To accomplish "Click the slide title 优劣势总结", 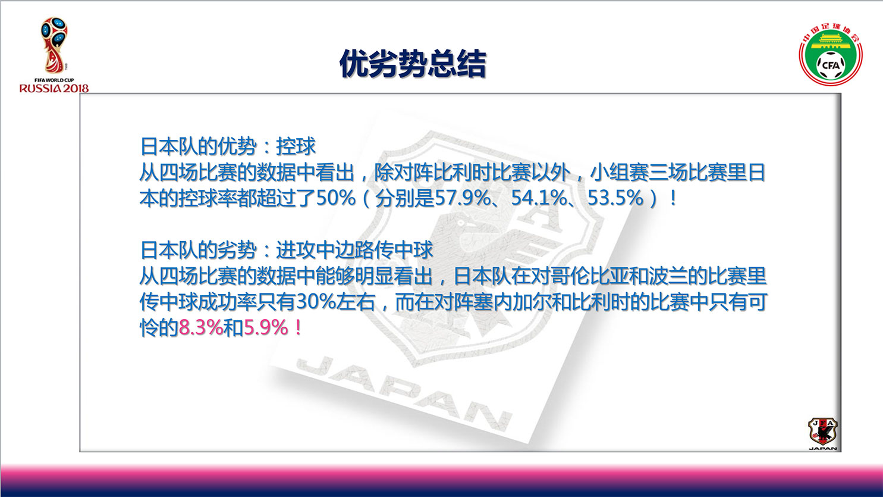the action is click(x=412, y=64).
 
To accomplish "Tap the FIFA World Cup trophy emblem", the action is click(x=54, y=45).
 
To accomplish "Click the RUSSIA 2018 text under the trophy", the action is click(x=54, y=88).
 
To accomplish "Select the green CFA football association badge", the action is click(x=831, y=55).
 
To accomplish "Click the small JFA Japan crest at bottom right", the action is click(x=823, y=434).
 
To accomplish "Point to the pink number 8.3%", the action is click(x=201, y=328).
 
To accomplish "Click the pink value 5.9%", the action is click(x=266, y=328).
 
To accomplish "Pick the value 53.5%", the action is click(x=615, y=198).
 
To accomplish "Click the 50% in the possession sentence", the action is click(x=336, y=198).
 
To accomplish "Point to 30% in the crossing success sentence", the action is click(x=316, y=302).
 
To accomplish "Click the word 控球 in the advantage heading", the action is click(x=296, y=146).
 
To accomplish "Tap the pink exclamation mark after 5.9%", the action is click(x=298, y=328).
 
